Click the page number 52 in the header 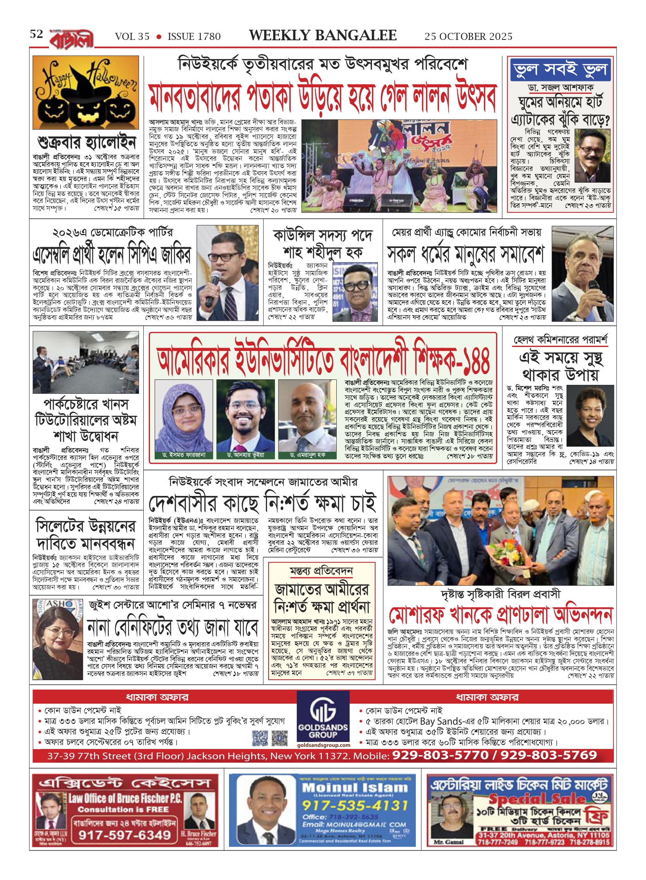coord(36,34)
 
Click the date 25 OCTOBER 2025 coord(468,36)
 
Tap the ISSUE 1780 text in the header coord(194,37)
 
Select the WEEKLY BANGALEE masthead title coord(323,35)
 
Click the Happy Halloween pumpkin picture coord(86,92)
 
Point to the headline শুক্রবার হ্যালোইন coord(87,142)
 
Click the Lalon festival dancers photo coord(399,166)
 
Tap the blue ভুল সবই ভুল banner coord(560,70)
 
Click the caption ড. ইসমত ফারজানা coord(184,455)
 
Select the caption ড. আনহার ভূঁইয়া coord(245,455)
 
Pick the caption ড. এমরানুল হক coord(307,455)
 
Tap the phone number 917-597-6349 coord(125,835)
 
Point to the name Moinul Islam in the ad coord(355,788)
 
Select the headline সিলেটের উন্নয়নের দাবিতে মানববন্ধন coord(85,535)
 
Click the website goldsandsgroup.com coord(323,745)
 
